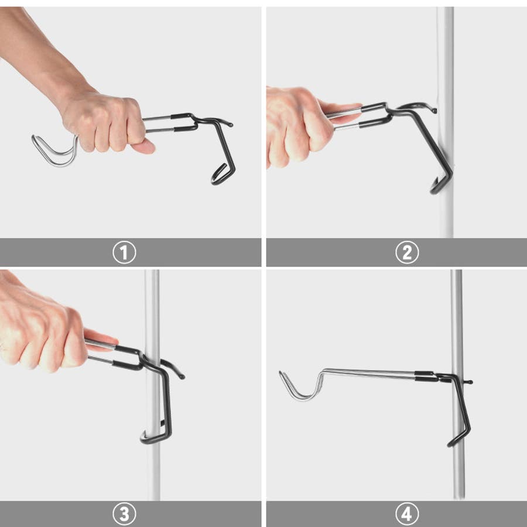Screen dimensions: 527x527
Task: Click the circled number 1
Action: click(124, 252)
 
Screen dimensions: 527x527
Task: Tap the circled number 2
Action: click(407, 252)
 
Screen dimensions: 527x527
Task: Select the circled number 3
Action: click(124, 514)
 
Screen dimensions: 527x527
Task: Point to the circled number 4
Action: click(407, 514)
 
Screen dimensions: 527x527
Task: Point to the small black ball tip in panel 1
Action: click(230, 125)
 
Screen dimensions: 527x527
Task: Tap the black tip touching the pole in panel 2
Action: click(434, 110)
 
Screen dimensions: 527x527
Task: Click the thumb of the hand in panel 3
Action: click(101, 337)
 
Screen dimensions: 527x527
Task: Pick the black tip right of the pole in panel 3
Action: click(182, 376)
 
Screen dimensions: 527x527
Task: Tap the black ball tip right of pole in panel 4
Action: click(470, 382)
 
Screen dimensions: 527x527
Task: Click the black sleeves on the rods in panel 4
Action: click(424, 376)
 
